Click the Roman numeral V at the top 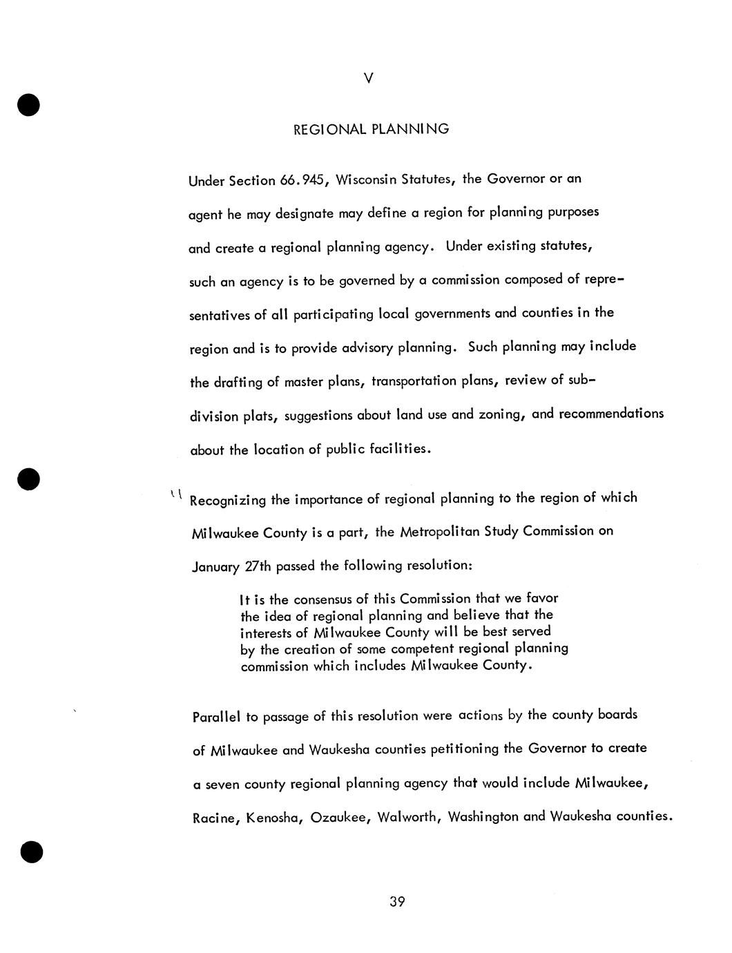[368, 79]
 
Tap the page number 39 [396, 902]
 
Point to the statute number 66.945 [298, 180]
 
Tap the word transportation [414, 381]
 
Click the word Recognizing [227, 500]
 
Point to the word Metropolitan [440, 532]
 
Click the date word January [215, 567]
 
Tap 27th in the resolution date [258, 566]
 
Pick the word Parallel [217, 717]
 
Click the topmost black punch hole [28, 105]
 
